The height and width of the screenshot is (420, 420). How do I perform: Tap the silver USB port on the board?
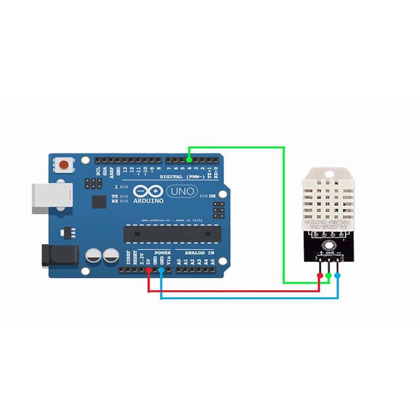point(49,198)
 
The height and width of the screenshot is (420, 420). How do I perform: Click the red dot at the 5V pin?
point(149,270)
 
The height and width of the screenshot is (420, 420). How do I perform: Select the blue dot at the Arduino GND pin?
point(161,270)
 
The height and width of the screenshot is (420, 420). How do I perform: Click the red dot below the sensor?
point(320,275)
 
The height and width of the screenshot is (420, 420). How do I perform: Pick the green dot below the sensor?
point(329,275)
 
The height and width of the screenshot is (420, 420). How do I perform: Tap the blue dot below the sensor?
point(338,275)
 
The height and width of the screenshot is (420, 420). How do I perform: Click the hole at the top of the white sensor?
point(330,173)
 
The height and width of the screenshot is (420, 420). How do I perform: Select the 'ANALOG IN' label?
point(196,253)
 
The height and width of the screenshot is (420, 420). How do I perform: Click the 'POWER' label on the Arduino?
point(162,253)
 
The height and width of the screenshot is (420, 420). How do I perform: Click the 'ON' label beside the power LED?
point(213,196)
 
